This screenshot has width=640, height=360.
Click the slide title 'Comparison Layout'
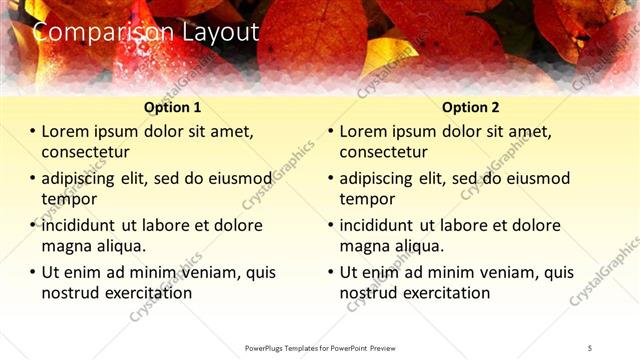coord(146,32)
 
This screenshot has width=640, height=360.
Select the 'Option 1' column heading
coord(173,107)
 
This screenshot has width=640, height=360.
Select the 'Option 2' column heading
coord(471,107)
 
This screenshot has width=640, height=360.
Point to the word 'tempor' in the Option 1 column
coord(69,199)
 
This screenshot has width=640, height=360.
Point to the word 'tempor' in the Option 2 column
coord(367,199)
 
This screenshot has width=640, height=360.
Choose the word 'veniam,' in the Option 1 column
coord(204,272)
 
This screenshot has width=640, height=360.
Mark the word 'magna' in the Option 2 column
coord(364,246)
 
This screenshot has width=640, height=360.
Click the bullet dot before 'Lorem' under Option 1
coord(32,132)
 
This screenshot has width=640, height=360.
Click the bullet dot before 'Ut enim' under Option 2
coord(330,272)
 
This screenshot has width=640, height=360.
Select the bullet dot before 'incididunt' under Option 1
coord(32,225)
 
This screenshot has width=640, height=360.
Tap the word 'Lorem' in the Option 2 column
coord(364,131)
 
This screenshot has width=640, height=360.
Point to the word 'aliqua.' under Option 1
coord(121,246)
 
